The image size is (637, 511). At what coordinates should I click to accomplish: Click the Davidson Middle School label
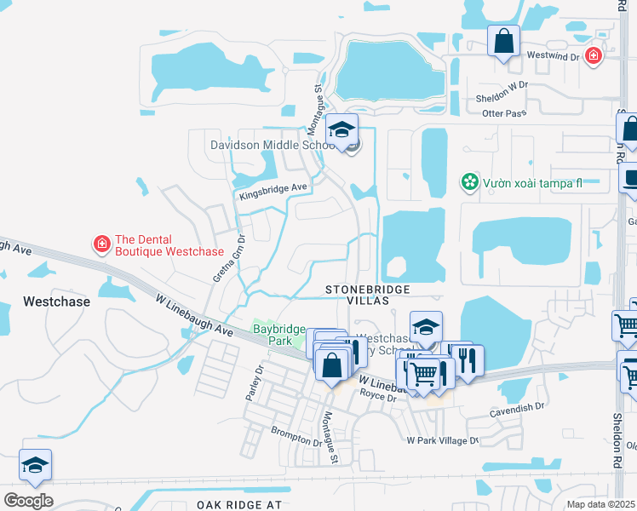pyautogui.click(x=271, y=145)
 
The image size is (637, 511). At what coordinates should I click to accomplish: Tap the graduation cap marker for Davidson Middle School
pyautogui.click(x=341, y=130)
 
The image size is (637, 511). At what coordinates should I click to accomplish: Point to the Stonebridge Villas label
pyautogui.click(x=369, y=296)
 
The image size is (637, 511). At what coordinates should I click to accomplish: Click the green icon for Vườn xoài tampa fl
pyautogui.click(x=468, y=181)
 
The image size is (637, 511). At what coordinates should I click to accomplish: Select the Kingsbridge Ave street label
pyautogui.click(x=273, y=192)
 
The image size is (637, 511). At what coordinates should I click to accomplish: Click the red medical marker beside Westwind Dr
pyautogui.click(x=594, y=57)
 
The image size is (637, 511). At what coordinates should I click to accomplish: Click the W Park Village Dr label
pyautogui.click(x=442, y=440)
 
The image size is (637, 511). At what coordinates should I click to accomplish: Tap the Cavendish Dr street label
pyautogui.click(x=517, y=408)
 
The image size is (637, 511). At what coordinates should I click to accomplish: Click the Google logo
pyautogui.click(x=28, y=501)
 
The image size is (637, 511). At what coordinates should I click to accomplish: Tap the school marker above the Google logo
pyautogui.click(x=35, y=466)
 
